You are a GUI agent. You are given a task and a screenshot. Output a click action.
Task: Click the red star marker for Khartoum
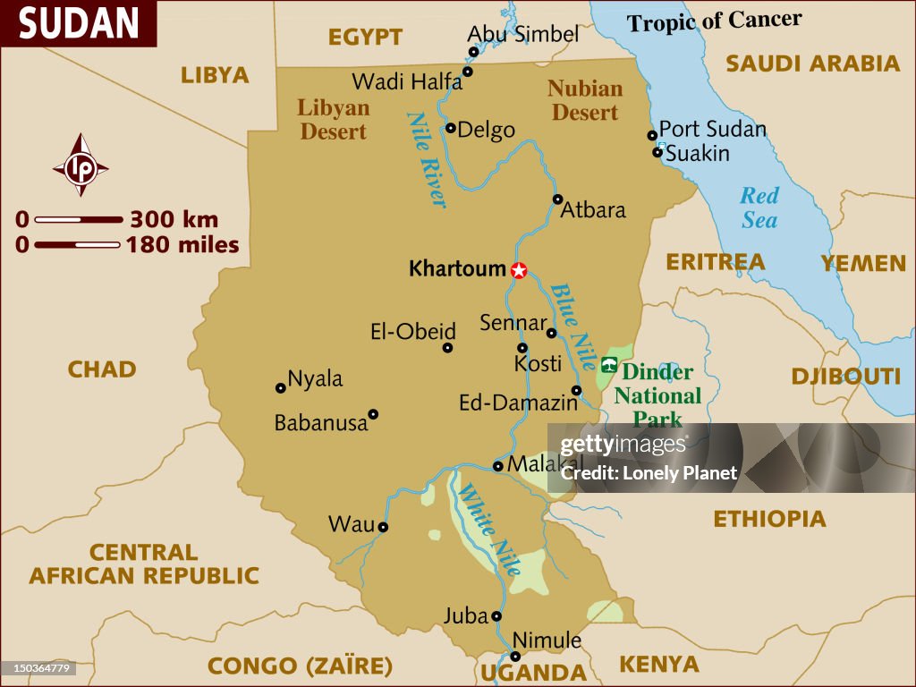[x=519, y=270]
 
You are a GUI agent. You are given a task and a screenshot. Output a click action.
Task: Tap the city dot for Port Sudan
[x=652, y=136]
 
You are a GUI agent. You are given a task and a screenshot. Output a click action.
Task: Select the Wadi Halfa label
[x=407, y=82]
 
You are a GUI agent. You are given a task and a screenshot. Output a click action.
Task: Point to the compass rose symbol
[x=81, y=165]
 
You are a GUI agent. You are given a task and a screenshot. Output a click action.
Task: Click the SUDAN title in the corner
[x=79, y=24]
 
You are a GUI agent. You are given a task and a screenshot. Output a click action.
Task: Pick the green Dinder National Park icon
[x=609, y=363]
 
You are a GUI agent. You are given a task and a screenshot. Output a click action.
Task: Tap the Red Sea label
[x=759, y=208]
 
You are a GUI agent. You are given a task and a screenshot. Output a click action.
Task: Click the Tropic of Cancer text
[x=714, y=21]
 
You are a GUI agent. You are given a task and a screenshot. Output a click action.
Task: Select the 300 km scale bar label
[x=174, y=219]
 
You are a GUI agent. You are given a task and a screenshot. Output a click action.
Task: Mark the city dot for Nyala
[x=280, y=388]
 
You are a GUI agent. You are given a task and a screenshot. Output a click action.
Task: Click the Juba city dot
[x=496, y=616]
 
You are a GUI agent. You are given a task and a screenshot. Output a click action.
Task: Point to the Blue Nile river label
[x=572, y=327]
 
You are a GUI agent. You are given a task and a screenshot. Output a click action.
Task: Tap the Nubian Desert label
[x=585, y=100]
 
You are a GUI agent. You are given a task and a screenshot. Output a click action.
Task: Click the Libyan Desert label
[x=333, y=120]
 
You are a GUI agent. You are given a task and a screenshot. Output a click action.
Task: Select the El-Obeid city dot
[x=447, y=348]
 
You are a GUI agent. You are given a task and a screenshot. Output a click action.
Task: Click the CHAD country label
[x=102, y=369]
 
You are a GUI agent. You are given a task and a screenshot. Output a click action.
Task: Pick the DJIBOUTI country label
[x=845, y=377]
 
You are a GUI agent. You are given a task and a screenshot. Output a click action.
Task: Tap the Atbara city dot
[x=557, y=199]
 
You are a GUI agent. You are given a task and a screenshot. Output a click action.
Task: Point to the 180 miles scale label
[x=182, y=244]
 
